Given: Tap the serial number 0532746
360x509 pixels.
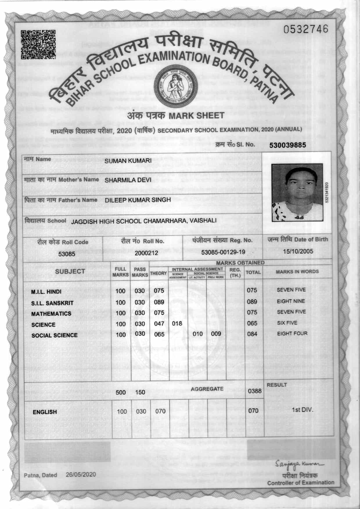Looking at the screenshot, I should (x=306, y=29).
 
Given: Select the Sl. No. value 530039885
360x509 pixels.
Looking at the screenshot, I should (x=287, y=145).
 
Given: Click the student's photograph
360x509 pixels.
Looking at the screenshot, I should (x=297, y=193).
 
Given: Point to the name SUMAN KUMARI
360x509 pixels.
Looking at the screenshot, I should (x=128, y=161).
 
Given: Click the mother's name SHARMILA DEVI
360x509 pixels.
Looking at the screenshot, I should (x=128, y=180).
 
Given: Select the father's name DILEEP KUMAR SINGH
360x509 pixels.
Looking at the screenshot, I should (x=138, y=200).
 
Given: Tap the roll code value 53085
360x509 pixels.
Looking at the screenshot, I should (x=66, y=254).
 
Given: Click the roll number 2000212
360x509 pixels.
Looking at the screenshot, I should (x=146, y=253).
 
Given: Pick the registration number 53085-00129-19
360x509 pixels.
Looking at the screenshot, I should (x=223, y=252).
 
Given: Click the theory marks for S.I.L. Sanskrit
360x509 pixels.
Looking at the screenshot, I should (x=159, y=302).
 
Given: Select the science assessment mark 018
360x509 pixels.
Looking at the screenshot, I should (x=177, y=323).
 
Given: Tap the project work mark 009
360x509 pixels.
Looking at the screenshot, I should (x=216, y=334).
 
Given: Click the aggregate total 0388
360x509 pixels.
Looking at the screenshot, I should (x=255, y=391).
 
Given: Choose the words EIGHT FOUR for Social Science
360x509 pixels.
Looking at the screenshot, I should (x=292, y=333).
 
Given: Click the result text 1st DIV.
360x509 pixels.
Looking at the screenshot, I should (x=303, y=410).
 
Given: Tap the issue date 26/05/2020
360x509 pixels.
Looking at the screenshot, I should (x=81, y=474).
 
